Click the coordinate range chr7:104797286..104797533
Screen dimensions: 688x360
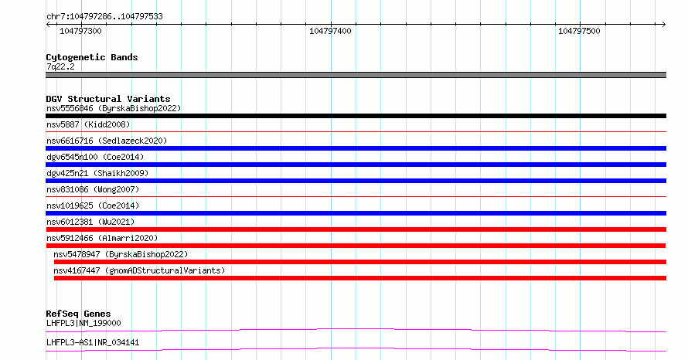(x=104, y=17)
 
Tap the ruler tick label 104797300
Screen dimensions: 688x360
(x=80, y=31)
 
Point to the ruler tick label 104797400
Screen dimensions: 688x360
(x=330, y=31)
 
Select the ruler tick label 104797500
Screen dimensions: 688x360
(x=579, y=31)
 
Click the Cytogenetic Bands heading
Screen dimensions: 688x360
(x=92, y=57)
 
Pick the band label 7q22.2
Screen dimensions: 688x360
(x=60, y=66)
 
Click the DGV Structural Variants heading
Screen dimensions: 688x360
(x=108, y=99)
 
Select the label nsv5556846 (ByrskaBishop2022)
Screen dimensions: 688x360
(x=114, y=108)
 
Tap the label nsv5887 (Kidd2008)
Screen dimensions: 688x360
(x=88, y=124)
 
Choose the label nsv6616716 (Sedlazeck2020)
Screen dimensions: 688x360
(x=107, y=141)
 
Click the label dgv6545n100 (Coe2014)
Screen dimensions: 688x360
(x=95, y=157)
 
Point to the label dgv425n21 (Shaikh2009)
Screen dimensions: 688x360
(x=97, y=173)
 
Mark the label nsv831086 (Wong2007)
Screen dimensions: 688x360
(x=93, y=189)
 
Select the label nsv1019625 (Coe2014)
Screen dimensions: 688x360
(x=93, y=205)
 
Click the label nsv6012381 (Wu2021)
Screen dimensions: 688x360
(x=90, y=222)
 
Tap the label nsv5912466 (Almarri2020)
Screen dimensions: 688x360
(x=102, y=238)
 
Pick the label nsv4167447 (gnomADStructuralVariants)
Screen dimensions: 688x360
(x=139, y=270)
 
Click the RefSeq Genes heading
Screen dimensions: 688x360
(x=79, y=314)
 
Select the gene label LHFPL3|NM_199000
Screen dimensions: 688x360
(x=83, y=323)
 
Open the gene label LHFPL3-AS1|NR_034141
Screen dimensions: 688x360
(x=93, y=342)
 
